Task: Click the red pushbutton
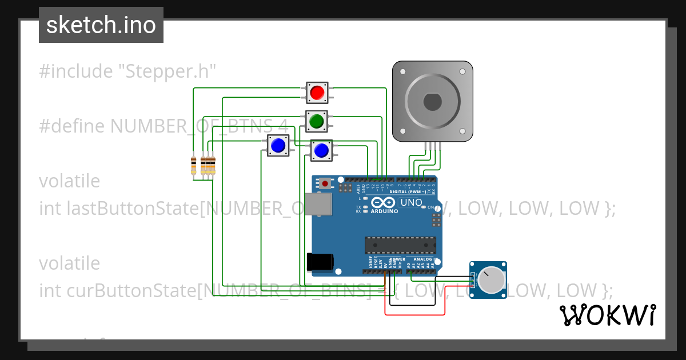(x=317, y=92)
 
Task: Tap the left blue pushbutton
(x=278, y=146)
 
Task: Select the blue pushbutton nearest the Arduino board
(x=321, y=150)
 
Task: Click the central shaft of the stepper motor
(x=432, y=102)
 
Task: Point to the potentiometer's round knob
(x=490, y=280)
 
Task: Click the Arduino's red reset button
(x=325, y=183)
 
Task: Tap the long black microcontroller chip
(x=400, y=245)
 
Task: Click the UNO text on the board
(x=411, y=203)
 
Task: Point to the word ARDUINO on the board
(x=384, y=211)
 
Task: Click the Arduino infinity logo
(x=384, y=203)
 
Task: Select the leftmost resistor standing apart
(x=194, y=165)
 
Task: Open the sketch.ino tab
(x=101, y=25)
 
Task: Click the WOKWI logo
(x=607, y=315)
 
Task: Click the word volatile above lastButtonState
(x=69, y=181)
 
